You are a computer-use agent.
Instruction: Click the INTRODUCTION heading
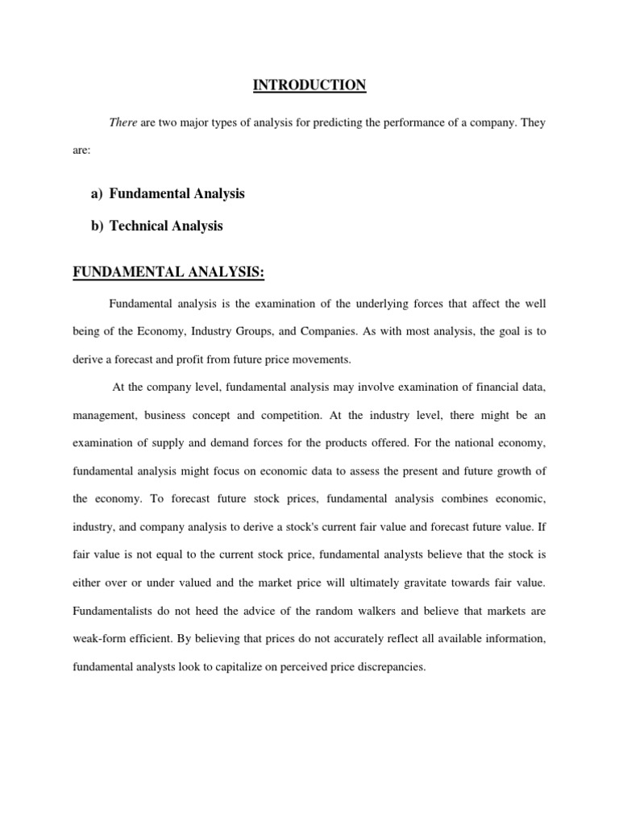(x=309, y=85)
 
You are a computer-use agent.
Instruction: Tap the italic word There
(x=123, y=122)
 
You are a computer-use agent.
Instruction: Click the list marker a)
(x=97, y=193)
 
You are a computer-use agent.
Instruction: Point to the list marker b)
(x=97, y=226)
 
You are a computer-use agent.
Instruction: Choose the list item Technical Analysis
(x=166, y=226)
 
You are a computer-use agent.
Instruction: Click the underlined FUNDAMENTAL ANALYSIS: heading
(x=168, y=273)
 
